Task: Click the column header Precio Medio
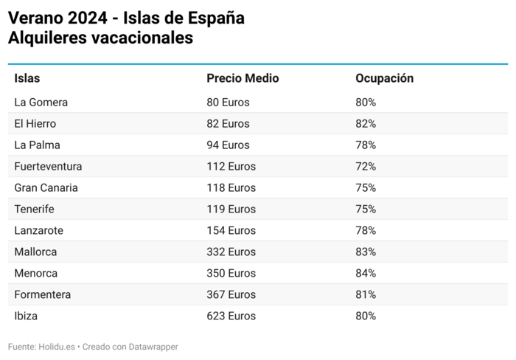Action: pos(243,78)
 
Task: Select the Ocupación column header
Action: pos(384,78)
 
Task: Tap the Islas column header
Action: pos(27,78)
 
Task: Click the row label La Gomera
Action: pos(41,102)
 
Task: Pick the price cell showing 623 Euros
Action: pos(231,316)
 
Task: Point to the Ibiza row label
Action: pos(26,316)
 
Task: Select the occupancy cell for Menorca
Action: pos(366,273)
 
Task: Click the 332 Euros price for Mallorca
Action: pos(231,252)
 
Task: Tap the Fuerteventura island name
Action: pos(48,166)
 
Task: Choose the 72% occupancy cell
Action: pos(366,166)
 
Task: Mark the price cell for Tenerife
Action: pos(231,209)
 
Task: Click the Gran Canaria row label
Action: pos(46,187)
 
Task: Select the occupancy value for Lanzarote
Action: pos(366,230)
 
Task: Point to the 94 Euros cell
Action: pos(228,145)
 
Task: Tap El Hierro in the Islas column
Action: pos(35,123)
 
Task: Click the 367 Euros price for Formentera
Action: pos(231,294)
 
